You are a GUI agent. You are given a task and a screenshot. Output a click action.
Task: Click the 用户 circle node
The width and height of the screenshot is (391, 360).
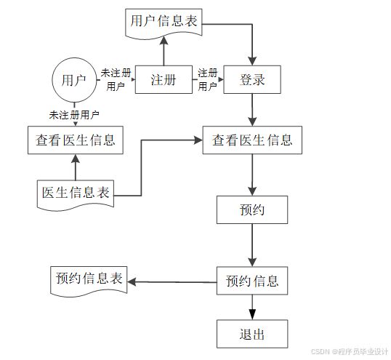tap(74, 80)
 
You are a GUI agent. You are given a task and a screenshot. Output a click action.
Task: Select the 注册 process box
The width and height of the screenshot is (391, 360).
tap(164, 79)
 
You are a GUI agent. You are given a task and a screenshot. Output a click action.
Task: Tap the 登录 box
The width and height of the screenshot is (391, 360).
tap(252, 79)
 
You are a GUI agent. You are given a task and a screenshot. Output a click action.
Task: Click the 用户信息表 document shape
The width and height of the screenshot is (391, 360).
tap(164, 24)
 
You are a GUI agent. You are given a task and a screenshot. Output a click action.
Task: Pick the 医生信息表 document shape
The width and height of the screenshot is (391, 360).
tap(76, 195)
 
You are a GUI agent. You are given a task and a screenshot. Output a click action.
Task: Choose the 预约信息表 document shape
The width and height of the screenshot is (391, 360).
tap(89, 281)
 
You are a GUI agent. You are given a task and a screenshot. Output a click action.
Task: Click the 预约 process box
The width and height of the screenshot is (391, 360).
tap(252, 209)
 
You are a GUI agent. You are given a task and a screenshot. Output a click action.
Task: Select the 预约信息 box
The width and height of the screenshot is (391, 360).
tap(252, 281)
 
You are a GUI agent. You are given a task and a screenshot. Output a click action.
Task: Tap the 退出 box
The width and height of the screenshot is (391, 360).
tap(252, 334)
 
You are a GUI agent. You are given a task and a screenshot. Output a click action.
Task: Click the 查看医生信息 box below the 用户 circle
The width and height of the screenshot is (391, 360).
tap(76, 140)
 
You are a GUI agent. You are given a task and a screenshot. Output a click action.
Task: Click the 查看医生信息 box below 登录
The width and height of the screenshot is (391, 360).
tap(252, 140)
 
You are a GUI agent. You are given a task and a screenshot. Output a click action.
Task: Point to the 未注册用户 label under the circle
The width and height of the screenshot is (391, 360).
tap(74, 115)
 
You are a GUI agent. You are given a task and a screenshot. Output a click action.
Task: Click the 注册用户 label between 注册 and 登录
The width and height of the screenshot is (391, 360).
tap(207, 80)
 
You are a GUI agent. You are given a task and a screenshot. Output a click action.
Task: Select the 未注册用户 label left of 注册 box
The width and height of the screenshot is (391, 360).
tap(116, 80)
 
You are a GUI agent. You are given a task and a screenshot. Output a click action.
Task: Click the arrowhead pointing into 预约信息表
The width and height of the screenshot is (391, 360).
tap(132, 282)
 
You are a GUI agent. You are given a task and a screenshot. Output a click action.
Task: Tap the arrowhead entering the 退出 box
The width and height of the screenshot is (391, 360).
tap(252, 315)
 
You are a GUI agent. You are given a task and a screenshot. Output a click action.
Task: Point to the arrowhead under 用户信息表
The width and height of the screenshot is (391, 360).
tap(164, 41)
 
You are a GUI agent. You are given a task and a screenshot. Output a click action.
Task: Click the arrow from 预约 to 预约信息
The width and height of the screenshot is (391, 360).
tap(252, 245)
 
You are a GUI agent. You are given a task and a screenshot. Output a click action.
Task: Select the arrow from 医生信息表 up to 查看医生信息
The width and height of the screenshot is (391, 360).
tap(76, 167)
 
